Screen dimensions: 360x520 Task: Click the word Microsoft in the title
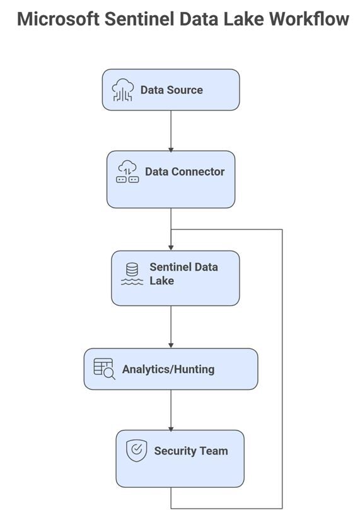58,19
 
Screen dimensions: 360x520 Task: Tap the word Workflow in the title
309,19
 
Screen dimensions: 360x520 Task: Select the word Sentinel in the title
139,19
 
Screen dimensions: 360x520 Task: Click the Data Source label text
171,90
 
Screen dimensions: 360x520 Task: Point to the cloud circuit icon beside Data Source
123,90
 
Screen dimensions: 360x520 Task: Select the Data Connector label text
185,172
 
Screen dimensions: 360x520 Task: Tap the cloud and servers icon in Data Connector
127,172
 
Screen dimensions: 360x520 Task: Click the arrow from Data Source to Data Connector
171,131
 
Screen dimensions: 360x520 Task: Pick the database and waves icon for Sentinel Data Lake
132,274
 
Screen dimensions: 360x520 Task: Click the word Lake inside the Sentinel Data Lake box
161,281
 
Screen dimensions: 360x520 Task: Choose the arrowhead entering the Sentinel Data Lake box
171,248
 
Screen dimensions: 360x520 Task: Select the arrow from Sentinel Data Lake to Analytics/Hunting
171,327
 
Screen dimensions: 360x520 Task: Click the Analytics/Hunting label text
168,369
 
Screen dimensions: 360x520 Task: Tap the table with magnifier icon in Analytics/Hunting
104,369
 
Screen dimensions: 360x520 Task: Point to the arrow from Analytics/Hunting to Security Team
171,410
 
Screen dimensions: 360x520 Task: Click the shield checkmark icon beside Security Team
136,451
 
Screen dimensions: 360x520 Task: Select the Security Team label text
191,451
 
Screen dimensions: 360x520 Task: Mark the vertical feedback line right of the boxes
282,369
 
